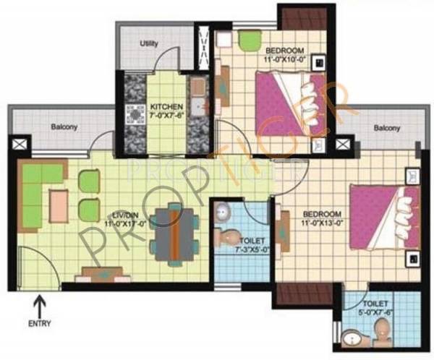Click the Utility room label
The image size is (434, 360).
148,44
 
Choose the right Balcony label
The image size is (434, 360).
387,128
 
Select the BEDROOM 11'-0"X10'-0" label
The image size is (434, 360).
278,55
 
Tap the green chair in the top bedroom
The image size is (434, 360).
248,42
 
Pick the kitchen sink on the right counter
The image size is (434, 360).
197,90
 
